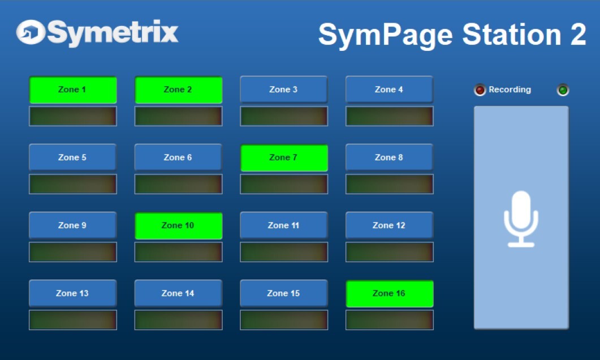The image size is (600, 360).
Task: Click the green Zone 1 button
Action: [x=73, y=89]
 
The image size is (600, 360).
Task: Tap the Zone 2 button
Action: [x=178, y=89]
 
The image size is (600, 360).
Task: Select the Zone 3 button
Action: [x=284, y=89]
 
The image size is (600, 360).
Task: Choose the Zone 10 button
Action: [x=178, y=226]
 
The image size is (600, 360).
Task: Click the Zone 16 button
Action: [x=390, y=293]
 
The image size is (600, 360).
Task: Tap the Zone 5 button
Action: [x=73, y=157]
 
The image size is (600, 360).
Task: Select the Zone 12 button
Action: [x=390, y=226]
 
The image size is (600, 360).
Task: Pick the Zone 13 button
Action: [x=73, y=293]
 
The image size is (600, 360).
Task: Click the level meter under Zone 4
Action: [x=390, y=116]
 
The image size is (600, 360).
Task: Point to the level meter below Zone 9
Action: [x=73, y=252]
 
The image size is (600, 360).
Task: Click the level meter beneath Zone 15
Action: [x=284, y=320]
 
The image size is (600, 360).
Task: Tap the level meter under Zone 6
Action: [x=178, y=184]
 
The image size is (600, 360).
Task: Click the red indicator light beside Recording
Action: [x=480, y=90]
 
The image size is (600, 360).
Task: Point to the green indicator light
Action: [x=563, y=90]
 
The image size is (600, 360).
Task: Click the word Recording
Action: [x=510, y=89]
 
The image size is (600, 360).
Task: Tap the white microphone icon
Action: [x=521, y=219]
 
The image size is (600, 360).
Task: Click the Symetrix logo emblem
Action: [x=30, y=32]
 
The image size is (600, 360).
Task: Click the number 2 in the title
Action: [x=578, y=35]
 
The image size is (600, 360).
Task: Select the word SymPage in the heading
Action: [x=386, y=36]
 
